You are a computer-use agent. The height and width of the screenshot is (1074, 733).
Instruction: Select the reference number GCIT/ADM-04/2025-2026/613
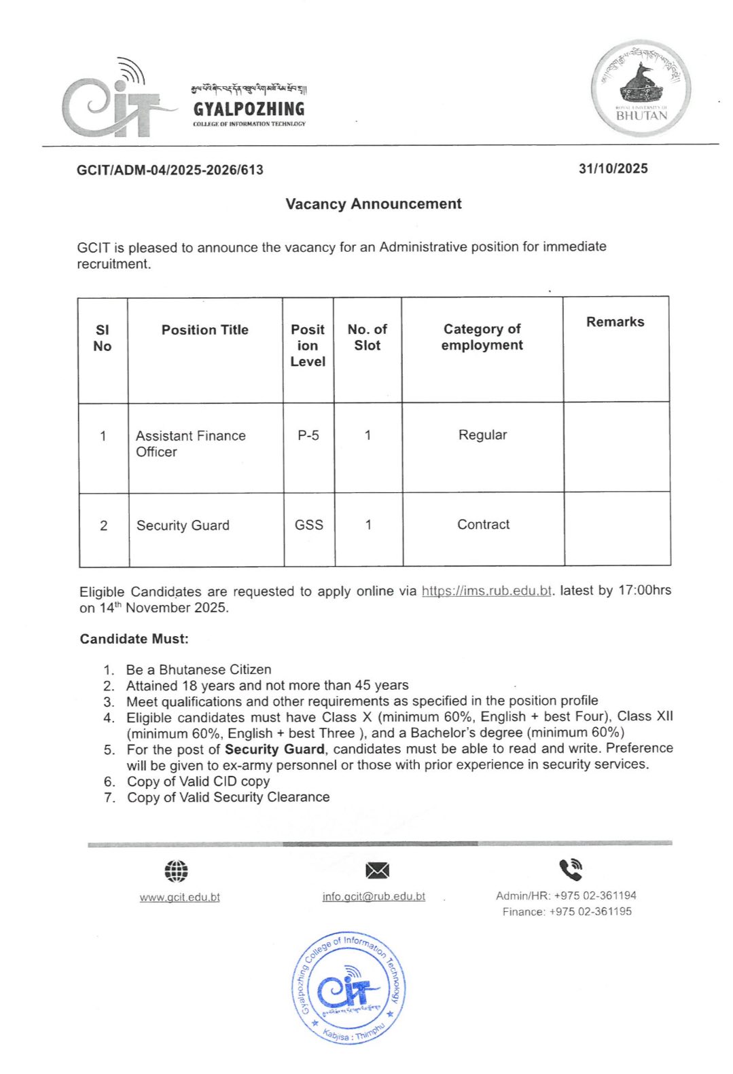click(170, 170)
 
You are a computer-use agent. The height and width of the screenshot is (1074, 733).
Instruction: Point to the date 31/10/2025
click(613, 168)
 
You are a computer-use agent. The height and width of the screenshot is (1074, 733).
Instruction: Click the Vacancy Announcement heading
click(373, 204)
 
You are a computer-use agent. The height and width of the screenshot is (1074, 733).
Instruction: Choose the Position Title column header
click(204, 330)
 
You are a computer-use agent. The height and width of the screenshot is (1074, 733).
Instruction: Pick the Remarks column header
click(615, 322)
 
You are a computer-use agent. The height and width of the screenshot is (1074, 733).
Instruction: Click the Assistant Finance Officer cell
click(190, 443)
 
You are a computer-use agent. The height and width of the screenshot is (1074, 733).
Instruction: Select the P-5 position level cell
click(308, 435)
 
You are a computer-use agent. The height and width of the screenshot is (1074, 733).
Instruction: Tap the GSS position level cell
click(308, 525)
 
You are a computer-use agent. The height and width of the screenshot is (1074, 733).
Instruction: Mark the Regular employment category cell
click(482, 435)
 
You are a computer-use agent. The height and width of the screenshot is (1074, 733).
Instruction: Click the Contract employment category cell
click(483, 524)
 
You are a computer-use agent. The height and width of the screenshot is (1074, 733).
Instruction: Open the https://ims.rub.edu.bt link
click(486, 591)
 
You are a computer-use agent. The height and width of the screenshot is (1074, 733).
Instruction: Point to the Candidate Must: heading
click(134, 639)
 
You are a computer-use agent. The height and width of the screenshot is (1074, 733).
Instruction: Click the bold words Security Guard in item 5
click(274, 749)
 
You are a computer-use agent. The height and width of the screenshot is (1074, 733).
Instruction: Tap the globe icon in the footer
click(176, 870)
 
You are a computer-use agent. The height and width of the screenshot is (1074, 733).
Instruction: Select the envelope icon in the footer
click(377, 870)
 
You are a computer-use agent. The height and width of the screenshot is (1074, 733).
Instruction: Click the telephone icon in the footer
click(571, 869)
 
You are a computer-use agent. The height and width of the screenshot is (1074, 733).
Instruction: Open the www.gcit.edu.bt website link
click(179, 897)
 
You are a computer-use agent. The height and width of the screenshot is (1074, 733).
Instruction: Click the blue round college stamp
click(349, 987)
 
